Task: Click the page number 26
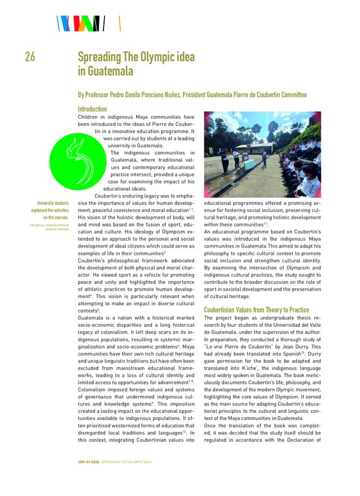tap(30, 57)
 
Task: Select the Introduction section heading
tap(92, 109)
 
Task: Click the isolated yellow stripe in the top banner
tap(120, 24)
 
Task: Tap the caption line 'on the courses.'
tap(56, 217)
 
